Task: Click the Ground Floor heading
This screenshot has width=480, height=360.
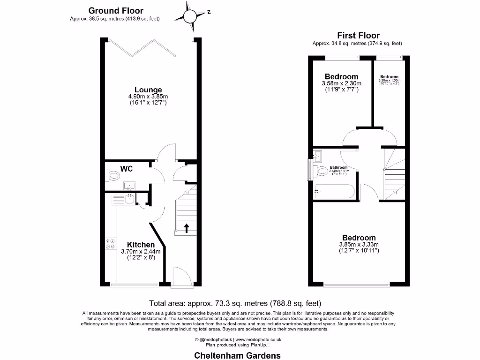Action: tap(116, 10)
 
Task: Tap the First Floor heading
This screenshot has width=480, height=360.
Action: tap(358, 36)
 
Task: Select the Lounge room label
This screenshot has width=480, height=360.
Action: tap(148, 90)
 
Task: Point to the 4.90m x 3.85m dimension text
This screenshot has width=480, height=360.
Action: tap(148, 97)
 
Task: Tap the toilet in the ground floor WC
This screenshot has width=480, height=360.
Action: tap(113, 176)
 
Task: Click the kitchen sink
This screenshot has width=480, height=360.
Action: tap(130, 199)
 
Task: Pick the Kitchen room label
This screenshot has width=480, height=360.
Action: tap(141, 245)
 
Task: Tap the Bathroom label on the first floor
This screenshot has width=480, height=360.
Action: tap(338, 167)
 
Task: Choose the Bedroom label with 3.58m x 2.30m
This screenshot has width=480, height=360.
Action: tap(341, 76)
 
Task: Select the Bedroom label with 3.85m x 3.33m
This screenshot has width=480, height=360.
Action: tap(359, 238)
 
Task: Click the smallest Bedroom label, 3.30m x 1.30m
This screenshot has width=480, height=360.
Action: tap(389, 77)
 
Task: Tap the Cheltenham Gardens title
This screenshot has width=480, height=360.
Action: tap(238, 355)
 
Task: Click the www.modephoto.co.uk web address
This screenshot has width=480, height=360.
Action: tap(258, 339)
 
